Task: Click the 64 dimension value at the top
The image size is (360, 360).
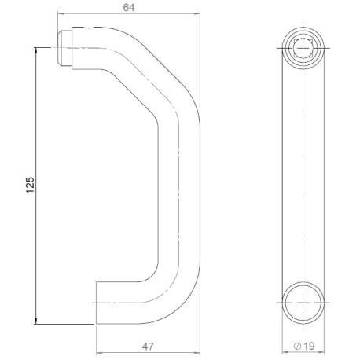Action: point(128,8)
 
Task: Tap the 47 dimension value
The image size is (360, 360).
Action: point(146,344)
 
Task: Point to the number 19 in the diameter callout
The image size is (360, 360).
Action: point(307,344)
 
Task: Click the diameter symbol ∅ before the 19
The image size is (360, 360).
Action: point(296,344)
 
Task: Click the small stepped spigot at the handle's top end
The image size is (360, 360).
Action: point(64,47)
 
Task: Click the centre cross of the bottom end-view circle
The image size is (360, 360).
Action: point(302,302)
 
